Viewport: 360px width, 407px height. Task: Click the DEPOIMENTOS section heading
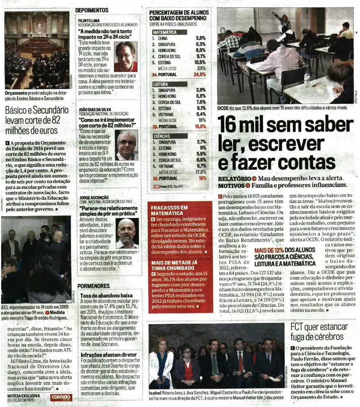pos(91,10)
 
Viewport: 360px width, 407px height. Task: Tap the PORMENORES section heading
pos(93,286)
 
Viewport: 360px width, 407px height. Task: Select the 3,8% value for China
pos(201,38)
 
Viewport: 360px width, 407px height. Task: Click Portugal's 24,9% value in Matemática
pos(199,74)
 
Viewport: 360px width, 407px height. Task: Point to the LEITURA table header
pos(161,85)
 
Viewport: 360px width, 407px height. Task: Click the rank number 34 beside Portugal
pos(155,74)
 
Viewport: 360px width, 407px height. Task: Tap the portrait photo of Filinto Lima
pos(126,56)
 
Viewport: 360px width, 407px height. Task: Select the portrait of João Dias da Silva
pos(127,145)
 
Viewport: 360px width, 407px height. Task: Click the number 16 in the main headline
pos(228,124)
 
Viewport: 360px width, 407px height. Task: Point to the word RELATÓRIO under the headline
pos(234,178)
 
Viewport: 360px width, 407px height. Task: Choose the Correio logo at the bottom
pos(61,397)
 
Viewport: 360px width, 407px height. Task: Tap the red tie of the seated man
pos(240,361)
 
